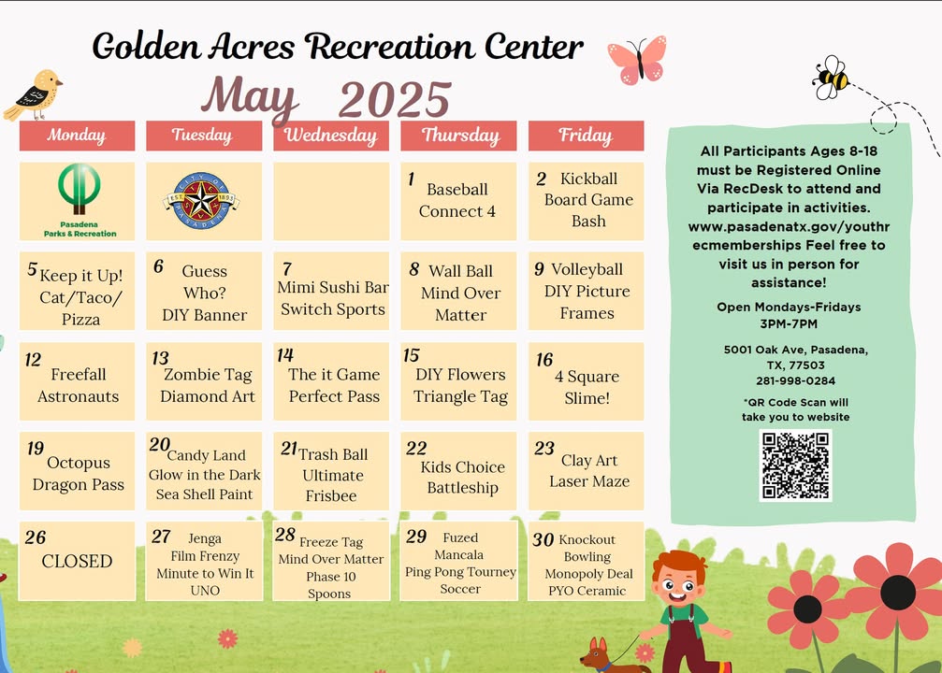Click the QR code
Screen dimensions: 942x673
click(x=795, y=465)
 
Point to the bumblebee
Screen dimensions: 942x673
click(x=832, y=78)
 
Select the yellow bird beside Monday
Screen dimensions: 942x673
click(x=34, y=94)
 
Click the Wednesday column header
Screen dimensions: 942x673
click(x=331, y=136)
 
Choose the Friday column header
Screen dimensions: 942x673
click(x=586, y=136)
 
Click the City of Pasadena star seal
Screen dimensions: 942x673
click(x=201, y=201)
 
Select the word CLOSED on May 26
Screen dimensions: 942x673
click(x=77, y=562)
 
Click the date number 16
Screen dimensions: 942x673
click(x=544, y=360)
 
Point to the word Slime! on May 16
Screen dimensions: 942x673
click(x=587, y=398)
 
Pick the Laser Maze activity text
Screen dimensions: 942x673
click(x=589, y=481)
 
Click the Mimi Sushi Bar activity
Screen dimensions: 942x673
click(x=333, y=288)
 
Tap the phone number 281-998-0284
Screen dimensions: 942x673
click(x=795, y=380)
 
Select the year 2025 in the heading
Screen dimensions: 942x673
click(x=395, y=99)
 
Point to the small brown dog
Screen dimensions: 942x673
click(x=610, y=655)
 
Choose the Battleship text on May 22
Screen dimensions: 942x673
click(x=463, y=488)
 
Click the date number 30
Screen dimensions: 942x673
click(x=543, y=539)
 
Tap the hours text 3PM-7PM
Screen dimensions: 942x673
click(x=789, y=324)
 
